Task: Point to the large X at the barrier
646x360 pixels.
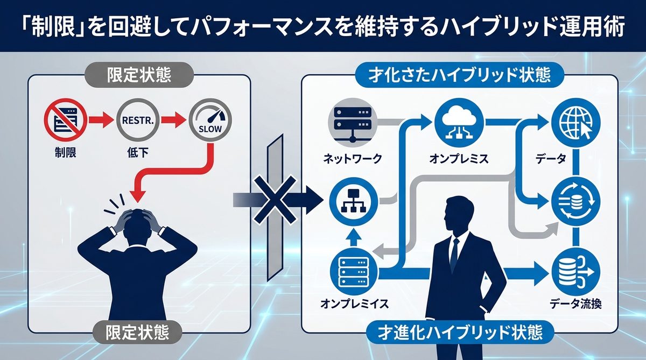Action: pyautogui.click(x=276, y=200)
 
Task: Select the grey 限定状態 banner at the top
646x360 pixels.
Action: pyautogui.click(x=139, y=75)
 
